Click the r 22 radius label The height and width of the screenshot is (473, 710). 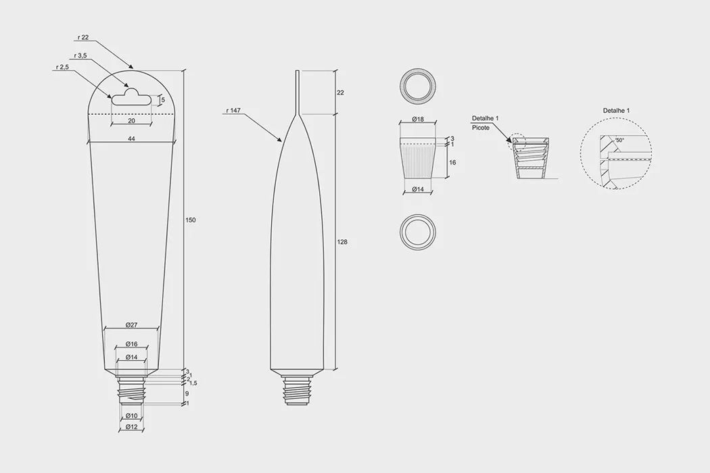click(83, 38)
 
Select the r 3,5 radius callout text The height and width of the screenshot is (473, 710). click(80, 55)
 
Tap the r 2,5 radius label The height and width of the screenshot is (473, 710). click(62, 67)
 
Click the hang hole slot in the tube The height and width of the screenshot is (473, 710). click(131, 97)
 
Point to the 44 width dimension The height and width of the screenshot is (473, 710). click(131, 139)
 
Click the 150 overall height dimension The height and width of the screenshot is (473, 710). click(191, 220)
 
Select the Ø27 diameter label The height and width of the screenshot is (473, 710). click(131, 325)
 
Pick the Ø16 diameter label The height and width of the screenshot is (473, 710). click(131, 344)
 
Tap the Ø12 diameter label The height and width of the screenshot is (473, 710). click(131, 427)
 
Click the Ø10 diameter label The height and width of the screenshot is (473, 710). click(131, 416)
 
